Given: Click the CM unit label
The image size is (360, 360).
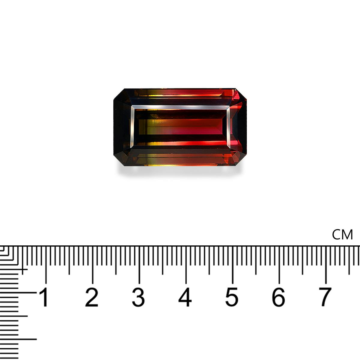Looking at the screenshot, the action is (342, 235).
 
